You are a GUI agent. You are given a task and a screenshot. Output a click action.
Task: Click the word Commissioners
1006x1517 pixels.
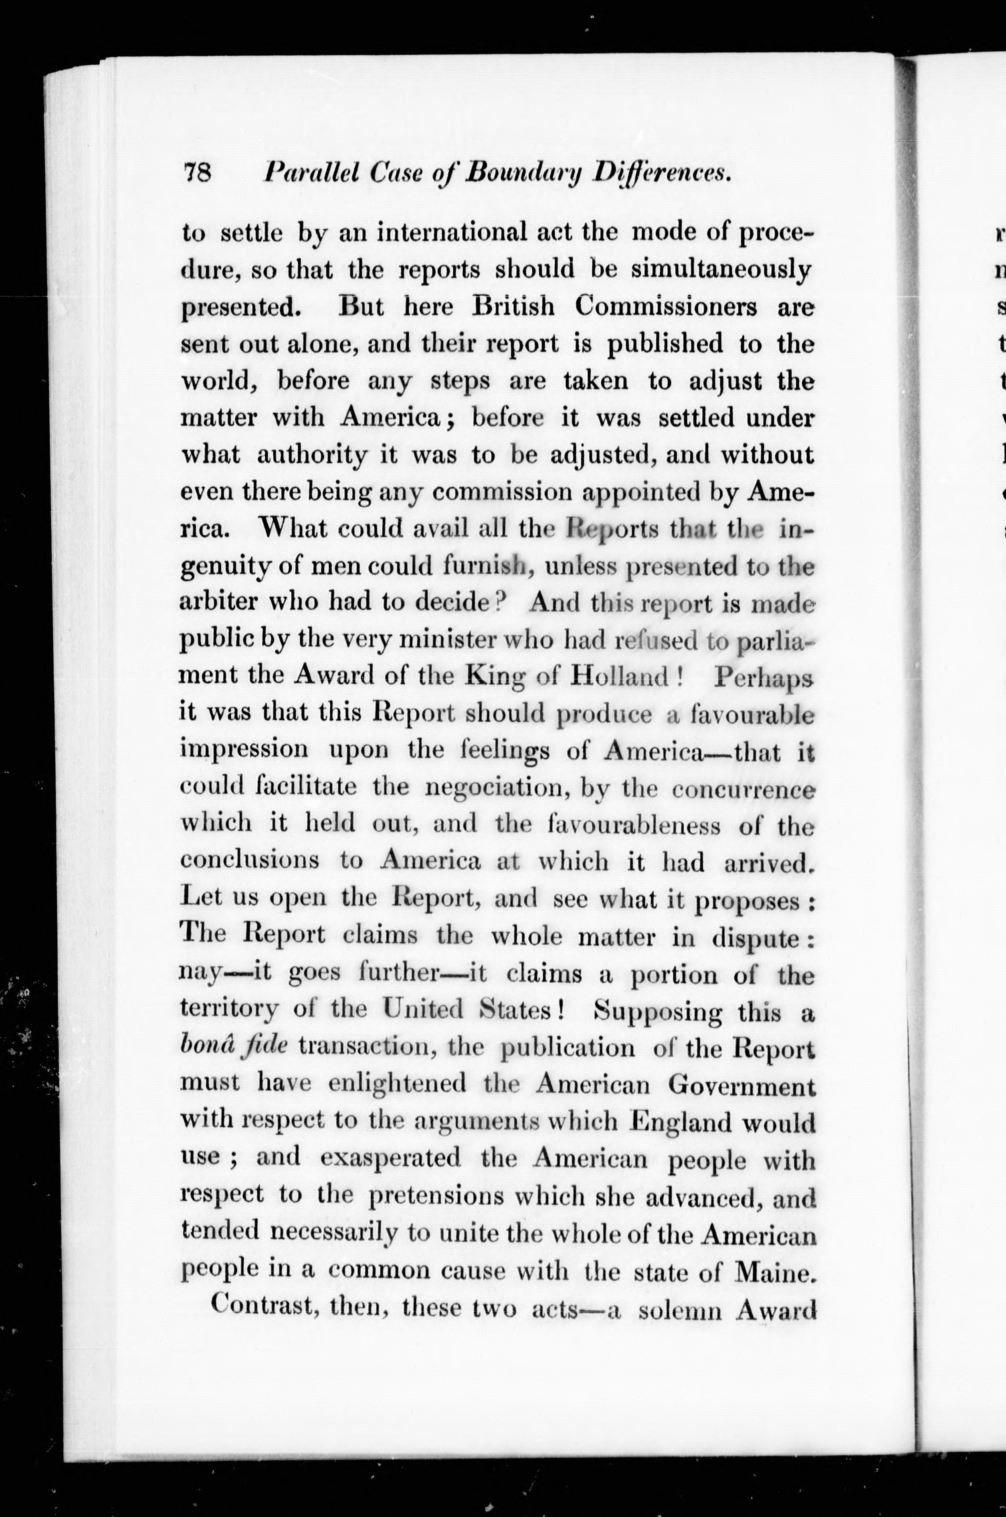coord(665,307)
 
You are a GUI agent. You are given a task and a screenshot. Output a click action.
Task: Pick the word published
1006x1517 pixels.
coord(665,345)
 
